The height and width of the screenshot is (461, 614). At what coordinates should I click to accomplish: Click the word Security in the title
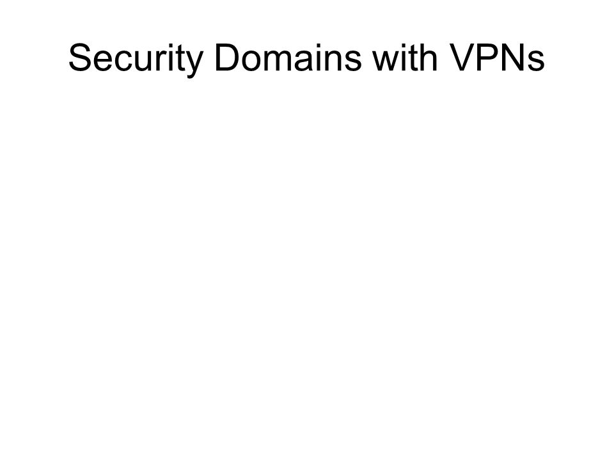point(136,60)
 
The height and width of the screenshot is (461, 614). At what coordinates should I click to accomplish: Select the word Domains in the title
point(288,58)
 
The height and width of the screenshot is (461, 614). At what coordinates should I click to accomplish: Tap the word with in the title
point(404,57)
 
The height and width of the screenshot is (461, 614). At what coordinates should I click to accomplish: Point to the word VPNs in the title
point(496,58)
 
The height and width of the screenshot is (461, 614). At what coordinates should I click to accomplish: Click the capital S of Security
point(80,58)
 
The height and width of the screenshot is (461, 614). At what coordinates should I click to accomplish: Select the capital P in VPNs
point(489,58)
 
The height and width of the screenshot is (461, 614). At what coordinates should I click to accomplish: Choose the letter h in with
point(429,57)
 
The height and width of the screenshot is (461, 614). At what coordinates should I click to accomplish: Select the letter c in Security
point(125,61)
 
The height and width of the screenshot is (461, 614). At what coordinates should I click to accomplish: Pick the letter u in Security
point(145,61)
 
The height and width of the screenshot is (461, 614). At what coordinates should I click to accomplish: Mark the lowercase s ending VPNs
point(536,61)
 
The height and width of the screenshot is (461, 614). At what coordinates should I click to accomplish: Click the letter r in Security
point(161,61)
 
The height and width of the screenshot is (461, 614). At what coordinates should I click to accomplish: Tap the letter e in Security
point(104,61)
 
